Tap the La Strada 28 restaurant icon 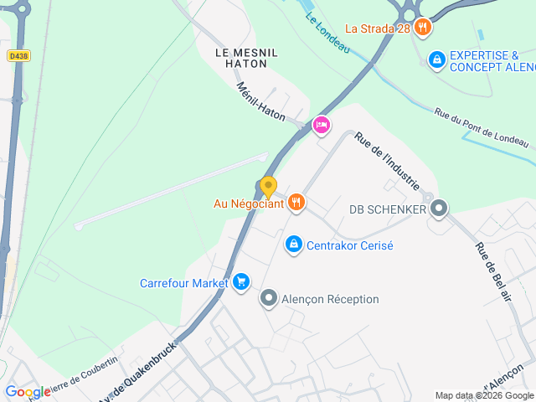424,28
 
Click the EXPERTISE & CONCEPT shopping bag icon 435,59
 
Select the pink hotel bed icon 321,126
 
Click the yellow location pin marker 268,187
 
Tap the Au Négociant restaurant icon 296,202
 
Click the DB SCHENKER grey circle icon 438,209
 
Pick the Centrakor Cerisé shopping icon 293,245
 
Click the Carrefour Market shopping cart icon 241,282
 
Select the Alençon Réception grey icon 269,298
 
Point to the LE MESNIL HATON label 246,58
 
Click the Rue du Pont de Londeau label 482,128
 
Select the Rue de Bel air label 493,271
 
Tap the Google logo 28,392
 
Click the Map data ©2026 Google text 483,395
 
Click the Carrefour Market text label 183,283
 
